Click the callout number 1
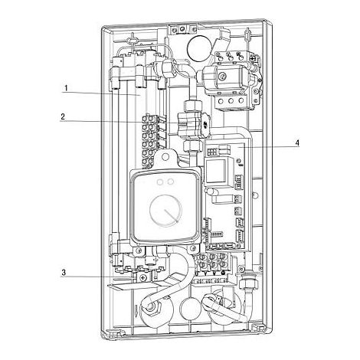(66, 88)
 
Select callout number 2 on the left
(63, 116)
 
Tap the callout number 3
(64, 273)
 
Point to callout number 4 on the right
(296, 143)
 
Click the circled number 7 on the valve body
(222, 76)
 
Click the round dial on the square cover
(165, 211)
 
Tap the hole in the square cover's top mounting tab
(165, 156)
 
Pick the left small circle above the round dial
(161, 182)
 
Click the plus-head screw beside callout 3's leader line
(143, 277)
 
